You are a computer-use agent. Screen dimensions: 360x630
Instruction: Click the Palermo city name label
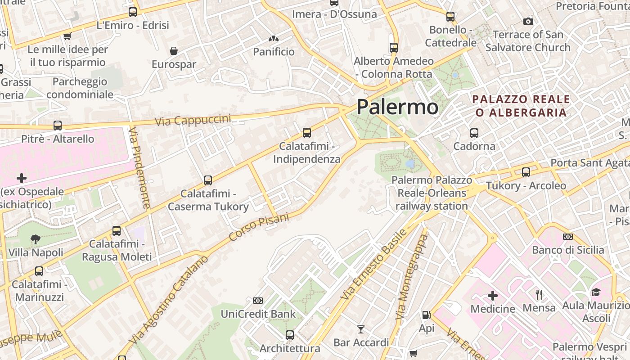397,107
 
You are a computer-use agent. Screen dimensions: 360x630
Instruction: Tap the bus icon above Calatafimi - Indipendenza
307,133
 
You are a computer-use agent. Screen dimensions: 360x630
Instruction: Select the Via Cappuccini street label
193,120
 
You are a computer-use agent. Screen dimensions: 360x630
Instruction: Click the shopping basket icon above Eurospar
174,51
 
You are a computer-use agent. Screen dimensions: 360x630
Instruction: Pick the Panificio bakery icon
274,39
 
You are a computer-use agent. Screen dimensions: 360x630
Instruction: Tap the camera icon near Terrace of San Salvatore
528,21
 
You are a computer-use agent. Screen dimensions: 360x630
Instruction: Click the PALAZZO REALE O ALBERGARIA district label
521,106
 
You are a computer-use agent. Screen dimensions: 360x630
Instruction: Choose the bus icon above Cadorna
474,133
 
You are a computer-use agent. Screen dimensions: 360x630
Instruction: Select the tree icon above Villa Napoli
36,239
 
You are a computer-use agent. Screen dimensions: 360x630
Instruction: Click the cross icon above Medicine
493,296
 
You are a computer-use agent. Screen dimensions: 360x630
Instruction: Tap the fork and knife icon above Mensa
539,295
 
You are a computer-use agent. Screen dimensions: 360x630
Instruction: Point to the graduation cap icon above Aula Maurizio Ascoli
596,292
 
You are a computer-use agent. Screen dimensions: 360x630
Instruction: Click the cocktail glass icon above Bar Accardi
361,329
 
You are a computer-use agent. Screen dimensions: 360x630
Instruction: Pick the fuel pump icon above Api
426,315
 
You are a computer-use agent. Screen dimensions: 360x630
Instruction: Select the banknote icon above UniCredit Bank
258,301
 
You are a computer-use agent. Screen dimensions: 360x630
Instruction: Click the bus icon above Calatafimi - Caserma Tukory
208,180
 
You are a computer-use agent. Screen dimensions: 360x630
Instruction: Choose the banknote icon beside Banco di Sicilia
568,237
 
